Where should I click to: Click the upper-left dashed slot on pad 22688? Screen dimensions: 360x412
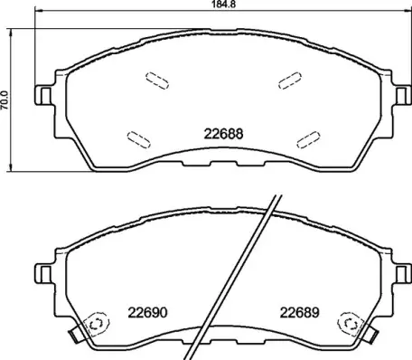(154, 81)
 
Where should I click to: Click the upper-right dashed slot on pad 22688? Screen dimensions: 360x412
(290, 81)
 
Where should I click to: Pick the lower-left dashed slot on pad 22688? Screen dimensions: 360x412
(139, 137)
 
